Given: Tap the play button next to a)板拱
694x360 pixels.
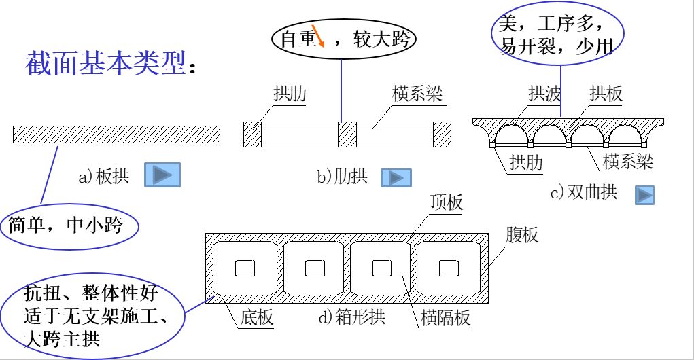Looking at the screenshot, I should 162,175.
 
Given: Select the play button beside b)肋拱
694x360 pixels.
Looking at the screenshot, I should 396,178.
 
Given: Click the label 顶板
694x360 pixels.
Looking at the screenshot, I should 447,202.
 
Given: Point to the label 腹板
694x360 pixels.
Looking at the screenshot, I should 522,235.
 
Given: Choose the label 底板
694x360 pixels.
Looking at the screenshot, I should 256,317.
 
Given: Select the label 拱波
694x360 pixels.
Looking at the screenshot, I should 544,94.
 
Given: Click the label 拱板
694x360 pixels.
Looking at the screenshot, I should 606,94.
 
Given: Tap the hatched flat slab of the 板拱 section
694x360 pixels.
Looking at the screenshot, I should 116,134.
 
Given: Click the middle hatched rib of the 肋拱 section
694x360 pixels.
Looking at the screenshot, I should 347,134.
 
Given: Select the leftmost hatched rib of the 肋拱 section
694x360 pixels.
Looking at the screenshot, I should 252,134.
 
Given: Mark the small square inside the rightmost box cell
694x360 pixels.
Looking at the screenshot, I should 448,269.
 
